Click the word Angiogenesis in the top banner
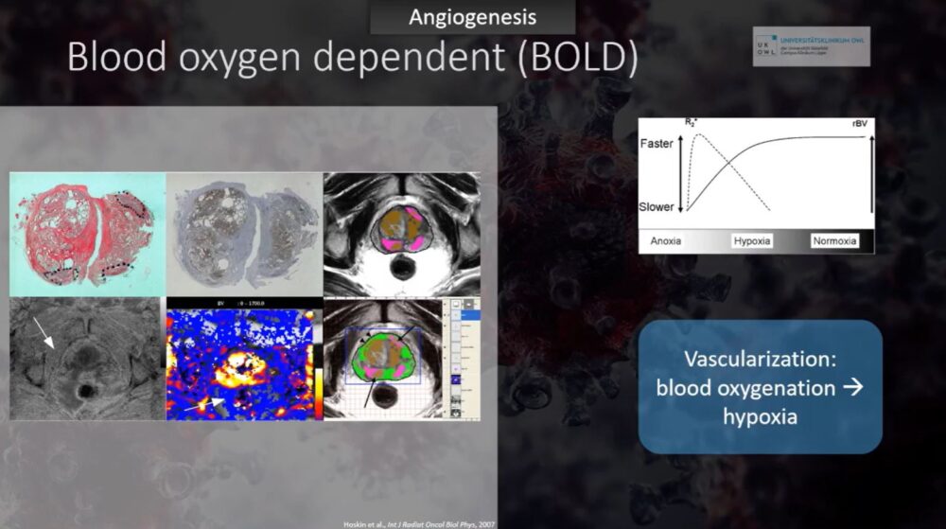[x=472, y=17]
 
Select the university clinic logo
[x=811, y=45]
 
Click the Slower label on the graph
[x=658, y=206]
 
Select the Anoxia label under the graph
[x=669, y=240]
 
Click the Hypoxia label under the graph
[x=752, y=240]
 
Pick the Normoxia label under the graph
[x=834, y=240]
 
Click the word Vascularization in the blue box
[x=760, y=361]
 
